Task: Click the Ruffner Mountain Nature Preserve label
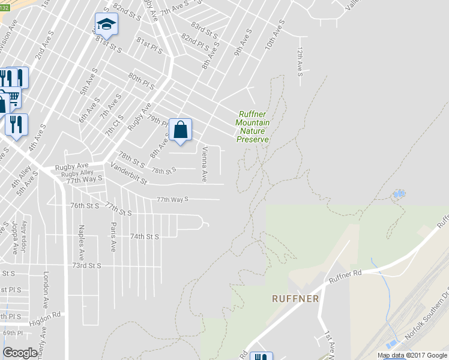[x=253, y=127]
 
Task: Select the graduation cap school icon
[x=106, y=25]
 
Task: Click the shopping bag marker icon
[x=180, y=130]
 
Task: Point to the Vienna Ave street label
[x=205, y=164]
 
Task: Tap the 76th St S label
[x=85, y=205]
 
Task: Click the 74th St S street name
[x=145, y=236]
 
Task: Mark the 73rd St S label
[x=86, y=265]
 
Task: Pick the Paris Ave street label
[x=113, y=236]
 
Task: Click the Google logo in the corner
[x=20, y=353]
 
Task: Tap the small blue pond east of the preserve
[x=397, y=194]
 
